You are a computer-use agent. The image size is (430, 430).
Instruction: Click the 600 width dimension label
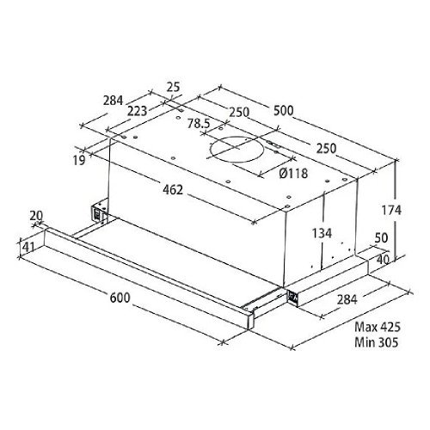coord(120,298)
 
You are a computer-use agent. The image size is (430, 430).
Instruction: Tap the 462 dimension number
coord(173,189)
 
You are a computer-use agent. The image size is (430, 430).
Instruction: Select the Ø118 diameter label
coord(293,173)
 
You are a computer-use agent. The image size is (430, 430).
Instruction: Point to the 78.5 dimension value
coord(199,124)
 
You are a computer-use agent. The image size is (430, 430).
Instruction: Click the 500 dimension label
coord(284,111)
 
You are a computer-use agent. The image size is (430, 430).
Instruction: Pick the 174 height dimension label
coord(391,211)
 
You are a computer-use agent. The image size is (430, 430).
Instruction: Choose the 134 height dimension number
coord(322,233)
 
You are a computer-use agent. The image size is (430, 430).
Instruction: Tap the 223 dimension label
coord(138,111)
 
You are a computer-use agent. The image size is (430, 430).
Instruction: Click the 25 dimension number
coord(174,87)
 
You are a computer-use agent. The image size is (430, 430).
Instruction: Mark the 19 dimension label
coord(79,161)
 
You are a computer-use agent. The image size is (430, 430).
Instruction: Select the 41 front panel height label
coord(28,247)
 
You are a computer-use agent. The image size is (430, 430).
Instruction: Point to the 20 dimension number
coord(36,216)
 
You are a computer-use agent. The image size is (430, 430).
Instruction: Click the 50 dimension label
coord(381,238)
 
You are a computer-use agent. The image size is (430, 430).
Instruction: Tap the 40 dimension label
coord(383,260)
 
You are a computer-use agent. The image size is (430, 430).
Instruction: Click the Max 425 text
coord(378,327)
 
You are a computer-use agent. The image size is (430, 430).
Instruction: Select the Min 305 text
coord(377,342)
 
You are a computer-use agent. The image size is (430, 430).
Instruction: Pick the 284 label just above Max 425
coord(347,299)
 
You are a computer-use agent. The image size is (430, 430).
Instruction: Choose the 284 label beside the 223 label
coord(114,101)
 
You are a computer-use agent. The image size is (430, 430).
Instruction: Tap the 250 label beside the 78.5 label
coord(239,112)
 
